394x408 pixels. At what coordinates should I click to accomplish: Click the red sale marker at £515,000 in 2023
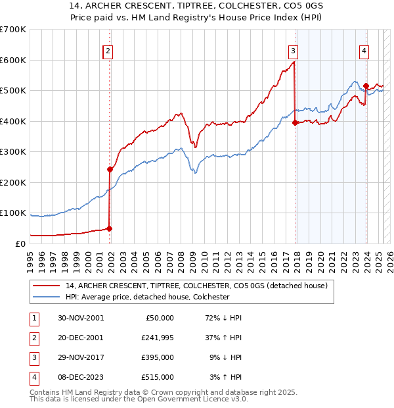tap(366, 86)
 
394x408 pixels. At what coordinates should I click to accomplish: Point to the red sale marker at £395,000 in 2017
tap(295, 122)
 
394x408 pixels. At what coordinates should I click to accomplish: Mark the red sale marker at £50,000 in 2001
tap(110, 228)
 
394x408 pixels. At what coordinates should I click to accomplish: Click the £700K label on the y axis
tap(13, 30)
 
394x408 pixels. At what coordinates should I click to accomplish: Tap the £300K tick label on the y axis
tap(13, 152)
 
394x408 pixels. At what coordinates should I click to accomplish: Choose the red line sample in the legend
tap(47, 286)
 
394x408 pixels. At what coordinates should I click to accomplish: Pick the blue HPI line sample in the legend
tap(47, 297)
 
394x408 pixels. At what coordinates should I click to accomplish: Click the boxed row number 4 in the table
tap(33, 379)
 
